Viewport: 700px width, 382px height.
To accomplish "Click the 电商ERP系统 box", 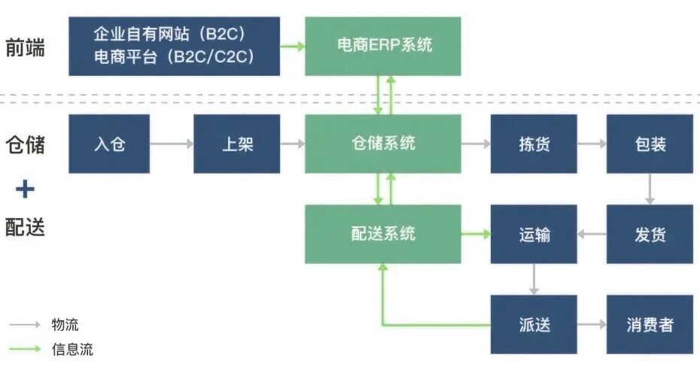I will (383, 47).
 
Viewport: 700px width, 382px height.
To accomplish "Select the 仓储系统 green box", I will (383, 144).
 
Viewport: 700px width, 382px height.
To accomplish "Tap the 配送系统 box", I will (383, 234).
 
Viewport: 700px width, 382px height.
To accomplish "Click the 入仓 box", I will (110, 144).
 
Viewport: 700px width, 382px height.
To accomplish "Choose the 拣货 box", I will (534, 144).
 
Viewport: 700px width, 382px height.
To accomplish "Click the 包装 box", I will (650, 144).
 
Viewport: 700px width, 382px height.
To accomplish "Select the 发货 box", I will (650, 234).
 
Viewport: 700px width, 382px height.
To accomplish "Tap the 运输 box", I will (534, 234).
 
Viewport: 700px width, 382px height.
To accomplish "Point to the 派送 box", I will (534, 324).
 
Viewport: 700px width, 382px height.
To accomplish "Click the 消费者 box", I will (650, 324).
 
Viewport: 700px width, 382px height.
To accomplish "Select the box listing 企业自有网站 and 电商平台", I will (174, 47).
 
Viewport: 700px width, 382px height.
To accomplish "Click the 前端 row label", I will (25, 47).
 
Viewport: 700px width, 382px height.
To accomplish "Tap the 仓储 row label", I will (25, 144).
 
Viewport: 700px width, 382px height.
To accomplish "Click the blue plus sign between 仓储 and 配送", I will (25, 188).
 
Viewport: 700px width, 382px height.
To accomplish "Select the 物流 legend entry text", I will (65, 325).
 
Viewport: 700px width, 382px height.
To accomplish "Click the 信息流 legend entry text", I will (72, 349).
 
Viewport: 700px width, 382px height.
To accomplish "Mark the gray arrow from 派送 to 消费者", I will (592, 325).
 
